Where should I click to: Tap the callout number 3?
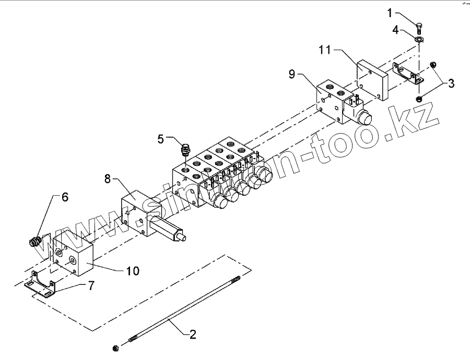pyautogui.click(x=450, y=82)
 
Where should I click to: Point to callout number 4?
pyautogui.click(x=395, y=30)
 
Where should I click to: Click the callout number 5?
pyautogui.click(x=161, y=139)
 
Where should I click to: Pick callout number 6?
pyautogui.click(x=65, y=197)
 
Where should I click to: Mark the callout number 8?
pyautogui.click(x=107, y=179)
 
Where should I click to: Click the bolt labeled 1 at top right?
pyautogui.click(x=419, y=25)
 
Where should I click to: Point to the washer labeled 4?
pyautogui.click(x=419, y=39)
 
